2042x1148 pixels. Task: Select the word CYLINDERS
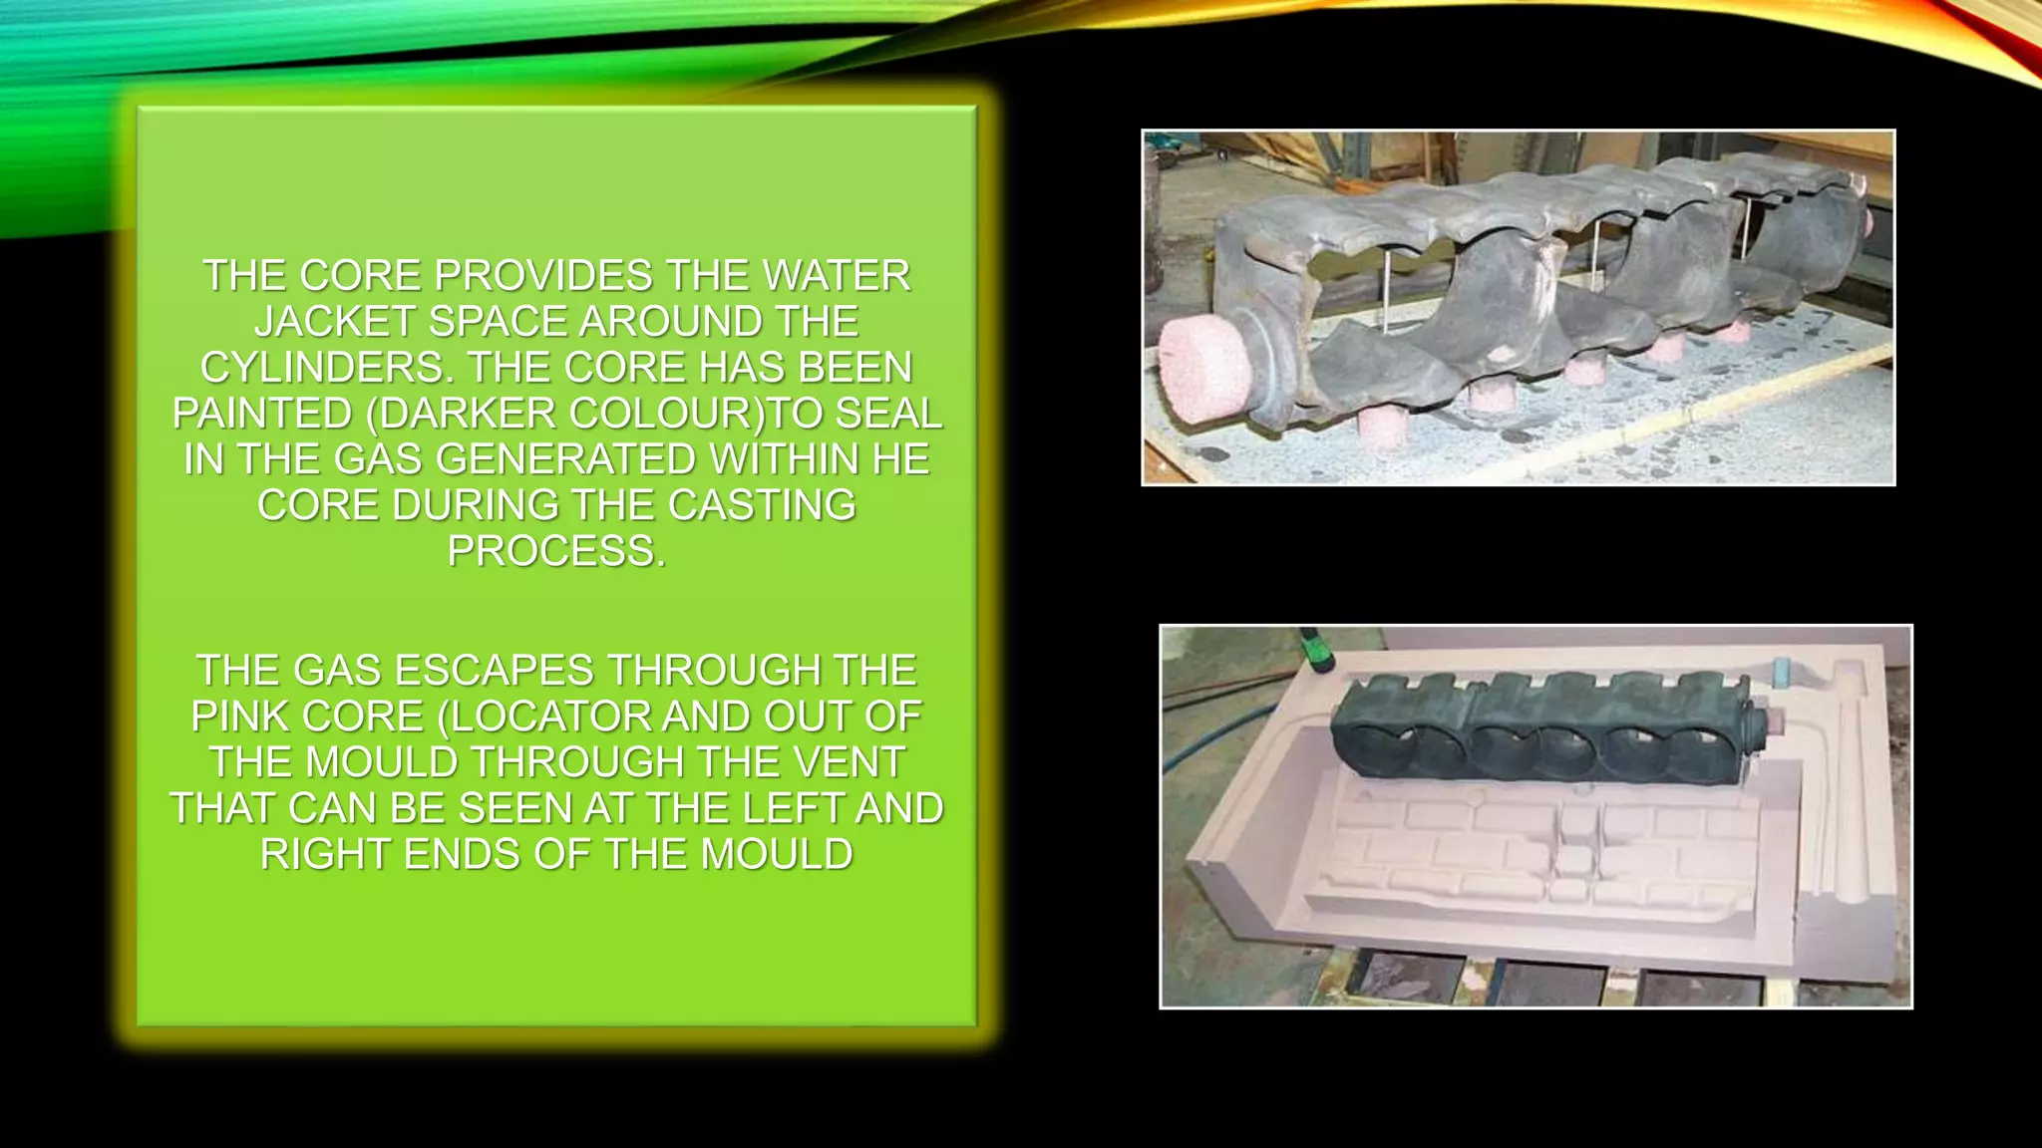coord(324,368)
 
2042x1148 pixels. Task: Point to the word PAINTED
coord(261,414)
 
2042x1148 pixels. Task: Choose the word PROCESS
coord(554,551)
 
